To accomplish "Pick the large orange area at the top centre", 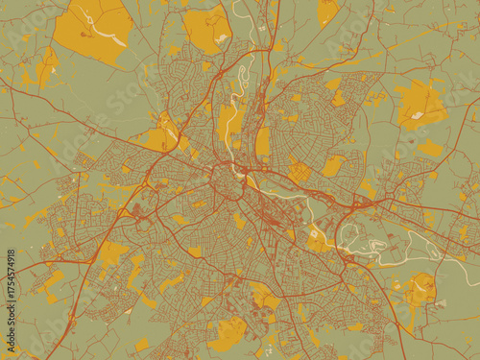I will point(206,27).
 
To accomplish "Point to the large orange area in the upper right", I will point(420,104).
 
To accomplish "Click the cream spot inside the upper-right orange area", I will point(418,116).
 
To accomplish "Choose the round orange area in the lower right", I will point(419,288).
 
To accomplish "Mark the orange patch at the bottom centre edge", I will point(227,333).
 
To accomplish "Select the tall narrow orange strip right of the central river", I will point(262,142).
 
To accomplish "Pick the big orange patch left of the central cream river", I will point(229,121).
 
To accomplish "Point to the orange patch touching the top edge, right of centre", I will point(327,11).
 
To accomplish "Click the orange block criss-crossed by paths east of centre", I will point(300,172).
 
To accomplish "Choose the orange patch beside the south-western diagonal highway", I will point(112,252).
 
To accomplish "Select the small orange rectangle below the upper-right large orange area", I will point(431,148).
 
